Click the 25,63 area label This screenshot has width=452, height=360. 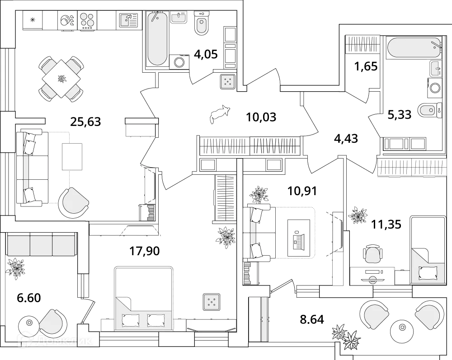tap(85, 121)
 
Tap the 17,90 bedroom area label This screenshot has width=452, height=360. tap(144, 251)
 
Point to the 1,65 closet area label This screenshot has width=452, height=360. tap(366, 67)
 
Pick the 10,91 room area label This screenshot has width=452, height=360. tap(303, 191)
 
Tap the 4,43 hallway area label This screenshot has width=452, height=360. tap(345, 139)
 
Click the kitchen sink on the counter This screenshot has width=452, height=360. tap(128, 20)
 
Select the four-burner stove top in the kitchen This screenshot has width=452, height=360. tap(88, 20)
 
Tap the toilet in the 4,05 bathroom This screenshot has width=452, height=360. tap(202, 23)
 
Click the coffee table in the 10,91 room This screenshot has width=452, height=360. tap(299, 238)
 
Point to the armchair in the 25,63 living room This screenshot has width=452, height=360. tap(73, 202)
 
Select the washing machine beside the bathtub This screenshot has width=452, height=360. tap(180, 62)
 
